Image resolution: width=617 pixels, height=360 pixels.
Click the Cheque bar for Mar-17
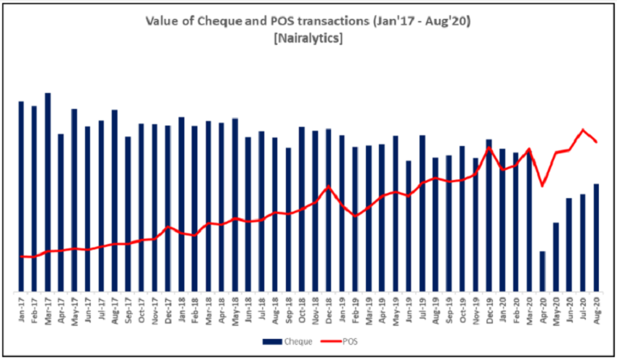click(x=48, y=192)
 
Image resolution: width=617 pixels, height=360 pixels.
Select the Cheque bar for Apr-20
click(x=542, y=271)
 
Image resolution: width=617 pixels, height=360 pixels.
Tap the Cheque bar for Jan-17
click(x=21, y=196)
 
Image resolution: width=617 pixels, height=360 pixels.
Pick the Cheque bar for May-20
click(x=556, y=257)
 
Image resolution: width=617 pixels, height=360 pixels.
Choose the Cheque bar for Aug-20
click(x=596, y=237)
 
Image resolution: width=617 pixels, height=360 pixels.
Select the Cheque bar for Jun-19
click(x=409, y=226)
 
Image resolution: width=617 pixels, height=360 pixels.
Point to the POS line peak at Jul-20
click(x=583, y=130)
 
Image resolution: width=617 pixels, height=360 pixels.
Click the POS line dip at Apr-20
click(x=542, y=186)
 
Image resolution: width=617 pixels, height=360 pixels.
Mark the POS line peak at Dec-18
click(x=329, y=187)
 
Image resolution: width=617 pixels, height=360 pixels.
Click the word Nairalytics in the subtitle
click(x=308, y=38)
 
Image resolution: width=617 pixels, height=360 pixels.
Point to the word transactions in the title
click(x=340, y=22)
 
